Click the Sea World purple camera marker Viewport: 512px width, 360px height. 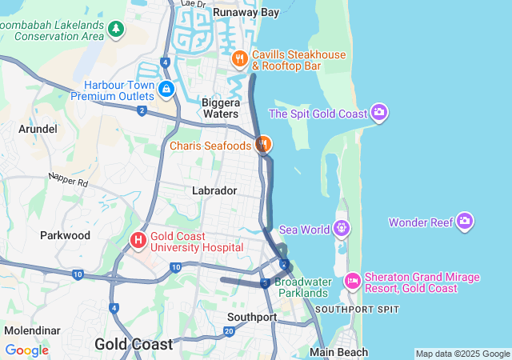tap(342, 229)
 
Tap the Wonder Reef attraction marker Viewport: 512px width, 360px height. tap(465, 222)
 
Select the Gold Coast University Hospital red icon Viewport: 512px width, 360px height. tap(138, 239)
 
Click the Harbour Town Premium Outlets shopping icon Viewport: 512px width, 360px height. tap(166, 88)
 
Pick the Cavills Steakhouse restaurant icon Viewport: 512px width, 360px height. tap(238, 58)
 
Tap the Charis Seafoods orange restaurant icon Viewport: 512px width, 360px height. tap(262, 146)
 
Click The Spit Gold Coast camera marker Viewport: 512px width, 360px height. tap(379, 113)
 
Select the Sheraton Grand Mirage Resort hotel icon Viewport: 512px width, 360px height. tap(352, 282)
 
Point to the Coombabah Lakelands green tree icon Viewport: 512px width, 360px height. tap(117, 30)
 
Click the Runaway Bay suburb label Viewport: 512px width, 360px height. tap(246, 12)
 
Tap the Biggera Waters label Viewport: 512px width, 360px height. tap(220, 108)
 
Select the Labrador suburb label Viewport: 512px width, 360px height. tap(214, 190)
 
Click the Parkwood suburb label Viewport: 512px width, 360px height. tap(65, 235)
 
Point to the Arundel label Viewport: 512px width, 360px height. tap(38, 128)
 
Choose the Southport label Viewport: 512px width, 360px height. tap(252, 317)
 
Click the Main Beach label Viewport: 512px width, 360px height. tap(339, 352)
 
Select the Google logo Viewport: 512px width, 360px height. tap(26, 350)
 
